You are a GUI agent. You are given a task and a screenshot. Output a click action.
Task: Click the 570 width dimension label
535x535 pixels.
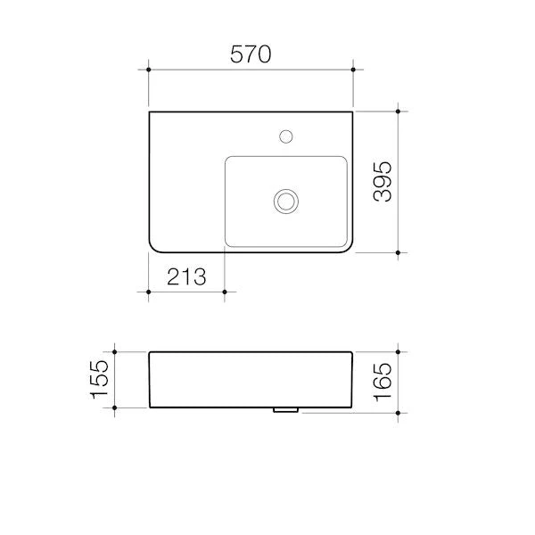[251, 54]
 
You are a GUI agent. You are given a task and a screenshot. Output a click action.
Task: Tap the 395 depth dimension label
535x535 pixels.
[383, 182]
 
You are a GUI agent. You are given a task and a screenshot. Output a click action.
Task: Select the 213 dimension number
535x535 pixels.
[186, 276]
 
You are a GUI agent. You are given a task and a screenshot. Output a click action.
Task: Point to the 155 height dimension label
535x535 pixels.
[99, 380]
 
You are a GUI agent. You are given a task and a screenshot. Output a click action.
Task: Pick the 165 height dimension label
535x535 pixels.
[383, 383]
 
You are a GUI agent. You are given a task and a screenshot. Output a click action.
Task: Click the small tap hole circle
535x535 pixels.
[286, 136]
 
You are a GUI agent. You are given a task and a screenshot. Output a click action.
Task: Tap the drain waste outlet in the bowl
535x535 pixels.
[286, 202]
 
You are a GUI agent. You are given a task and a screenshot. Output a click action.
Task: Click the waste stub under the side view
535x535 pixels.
[286, 410]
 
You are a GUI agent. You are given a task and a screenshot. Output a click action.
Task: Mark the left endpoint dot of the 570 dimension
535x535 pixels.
[148, 70]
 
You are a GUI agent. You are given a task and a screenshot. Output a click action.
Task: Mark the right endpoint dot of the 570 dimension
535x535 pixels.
[353, 70]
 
